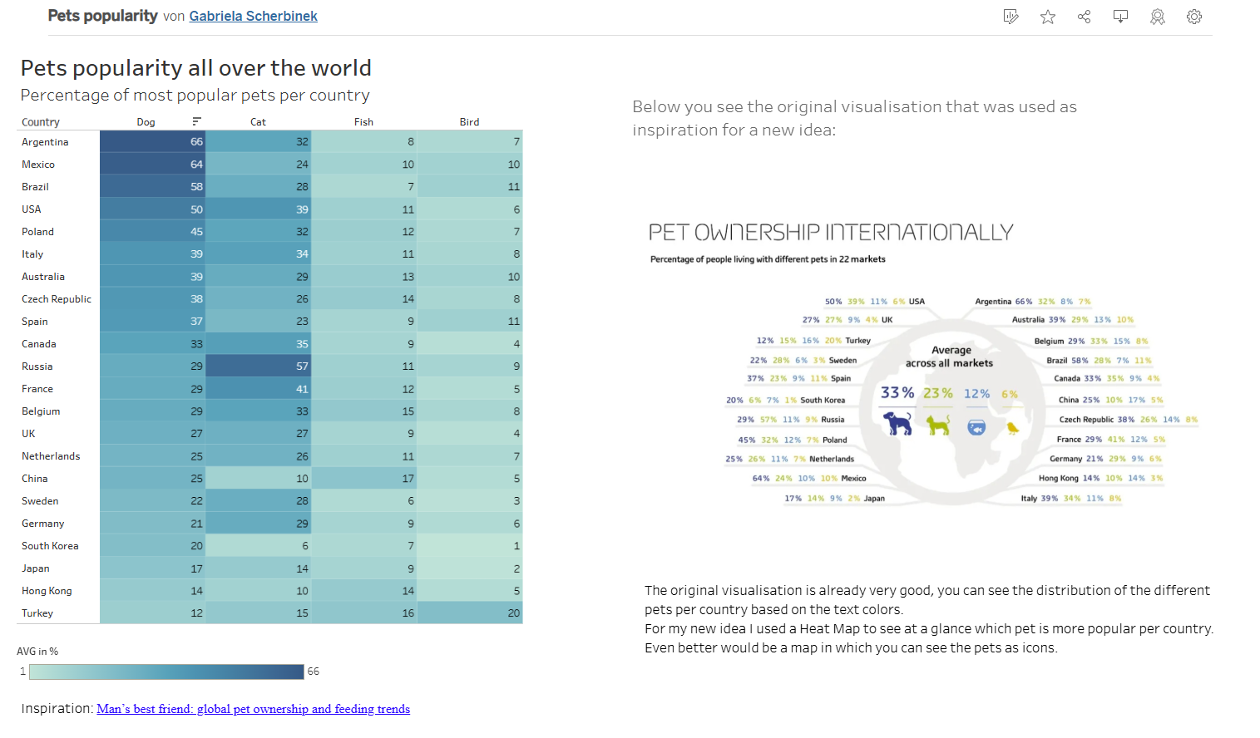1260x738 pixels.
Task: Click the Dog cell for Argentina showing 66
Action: point(153,142)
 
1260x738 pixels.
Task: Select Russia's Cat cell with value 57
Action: point(259,367)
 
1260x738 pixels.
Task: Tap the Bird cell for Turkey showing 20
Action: point(470,613)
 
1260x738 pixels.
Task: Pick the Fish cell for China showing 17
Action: point(364,479)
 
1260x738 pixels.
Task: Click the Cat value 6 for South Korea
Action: point(259,546)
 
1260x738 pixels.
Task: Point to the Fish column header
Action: point(363,122)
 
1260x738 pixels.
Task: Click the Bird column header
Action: point(469,122)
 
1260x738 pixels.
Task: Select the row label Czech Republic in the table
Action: point(57,299)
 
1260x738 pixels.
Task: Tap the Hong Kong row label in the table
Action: point(47,591)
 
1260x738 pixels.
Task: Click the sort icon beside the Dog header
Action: point(196,121)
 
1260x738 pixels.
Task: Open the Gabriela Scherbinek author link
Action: point(253,16)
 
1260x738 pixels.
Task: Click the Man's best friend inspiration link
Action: point(253,709)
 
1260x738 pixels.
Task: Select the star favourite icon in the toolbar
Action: point(1048,17)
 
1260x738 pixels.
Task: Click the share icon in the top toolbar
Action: point(1084,17)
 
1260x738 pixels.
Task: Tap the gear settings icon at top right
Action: point(1194,17)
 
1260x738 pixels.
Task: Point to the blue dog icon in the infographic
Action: point(897,423)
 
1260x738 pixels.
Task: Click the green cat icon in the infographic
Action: point(938,426)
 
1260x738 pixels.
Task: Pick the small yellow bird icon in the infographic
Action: point(1012,428)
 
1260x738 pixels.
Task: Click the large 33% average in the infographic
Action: point(897,392)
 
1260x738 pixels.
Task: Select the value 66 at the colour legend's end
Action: point(314,672)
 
